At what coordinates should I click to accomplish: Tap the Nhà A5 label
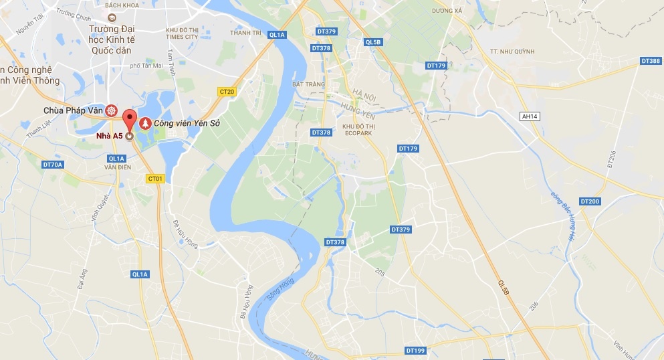pyautogui.click(x=108, y=136)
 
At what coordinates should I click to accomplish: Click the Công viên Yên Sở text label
pyautogui.click(x=187, y=124)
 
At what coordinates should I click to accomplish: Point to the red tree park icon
pyautogui.click(x=144, y=124)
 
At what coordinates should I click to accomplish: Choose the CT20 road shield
pyautogui.click(x=227, y=91)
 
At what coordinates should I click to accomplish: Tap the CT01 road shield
pyautogui.click(x=155, y=179)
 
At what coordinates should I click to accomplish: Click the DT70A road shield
pyautogui.click(x=51, y=165)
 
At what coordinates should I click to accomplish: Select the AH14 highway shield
pyautogui.click(x=529, y=116)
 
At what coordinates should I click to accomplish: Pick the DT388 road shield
pyautogui.click(x=650, y=61)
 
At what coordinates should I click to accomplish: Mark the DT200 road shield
pyautogui.click(x=590, y=201)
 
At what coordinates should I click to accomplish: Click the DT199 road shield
pyautogui.click(x=415, y=351)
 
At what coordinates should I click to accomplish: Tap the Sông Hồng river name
pyautogui.click(x=275, y=290)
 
